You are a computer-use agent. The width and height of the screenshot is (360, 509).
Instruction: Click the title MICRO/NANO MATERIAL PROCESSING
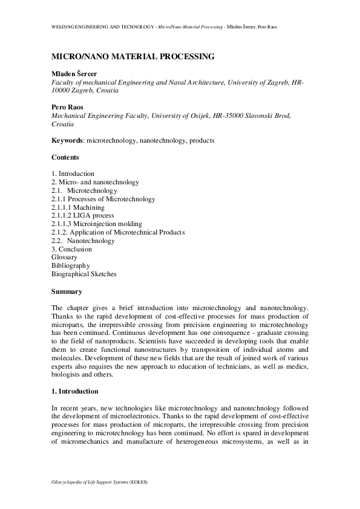click(133, 57)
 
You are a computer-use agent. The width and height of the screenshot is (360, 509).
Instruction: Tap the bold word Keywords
click(67, 141)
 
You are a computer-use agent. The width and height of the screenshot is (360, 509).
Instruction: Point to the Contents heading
click(65, 157)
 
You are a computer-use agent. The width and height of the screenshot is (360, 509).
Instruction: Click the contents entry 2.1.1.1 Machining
click(78, 207)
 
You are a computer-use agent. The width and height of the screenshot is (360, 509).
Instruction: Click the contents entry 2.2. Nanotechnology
click(83, 241)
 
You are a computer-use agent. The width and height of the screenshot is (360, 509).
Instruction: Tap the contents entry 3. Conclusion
click(72, 249)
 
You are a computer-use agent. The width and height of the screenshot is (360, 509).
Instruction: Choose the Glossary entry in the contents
click(65, 257)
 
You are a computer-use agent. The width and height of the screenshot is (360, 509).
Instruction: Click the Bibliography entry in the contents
click(71, 265)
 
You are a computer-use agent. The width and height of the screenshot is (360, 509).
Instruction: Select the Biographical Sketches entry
click(84, 274)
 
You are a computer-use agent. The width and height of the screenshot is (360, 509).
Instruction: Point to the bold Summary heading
click(67, 291)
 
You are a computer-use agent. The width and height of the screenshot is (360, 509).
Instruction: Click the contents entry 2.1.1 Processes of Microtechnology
click(103, 199)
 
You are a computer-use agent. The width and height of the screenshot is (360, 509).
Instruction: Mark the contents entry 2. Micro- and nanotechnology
click(96, 182)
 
